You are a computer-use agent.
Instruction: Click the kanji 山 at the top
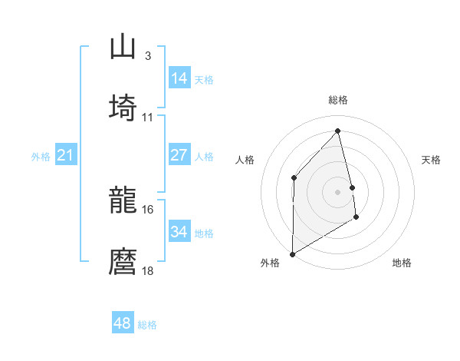click(x=123, y=48)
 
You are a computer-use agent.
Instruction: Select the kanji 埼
click(x=123, y=107)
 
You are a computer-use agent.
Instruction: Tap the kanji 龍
click(x=123, y=201)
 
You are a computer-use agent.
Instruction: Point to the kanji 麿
click(x=123, y=260)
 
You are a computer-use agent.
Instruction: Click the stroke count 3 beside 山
click(x=147, y=55)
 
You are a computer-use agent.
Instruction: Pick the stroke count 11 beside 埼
click(x=148, y=117)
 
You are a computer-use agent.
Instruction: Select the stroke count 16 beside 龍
click(x=148, y=209)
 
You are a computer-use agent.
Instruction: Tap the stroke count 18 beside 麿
click(x=148, y=270)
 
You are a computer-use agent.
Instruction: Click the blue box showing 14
click(x=179, y=78)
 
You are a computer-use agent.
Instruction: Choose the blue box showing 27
click(x=179, y=155)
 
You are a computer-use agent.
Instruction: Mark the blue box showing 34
click(x=179, y=231)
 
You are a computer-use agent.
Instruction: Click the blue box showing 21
click(x=65, y=156)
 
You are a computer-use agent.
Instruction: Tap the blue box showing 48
click(x=122, y=323)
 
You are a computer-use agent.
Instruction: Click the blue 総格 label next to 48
click(x=147, y=325)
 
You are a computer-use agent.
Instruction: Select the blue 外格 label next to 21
click(x=41, y=157)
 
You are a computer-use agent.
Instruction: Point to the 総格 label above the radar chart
click(x=338, y=100)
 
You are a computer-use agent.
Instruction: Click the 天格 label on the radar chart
click(x=432, y=160)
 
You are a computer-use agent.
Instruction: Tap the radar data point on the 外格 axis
click(x=292, y=253)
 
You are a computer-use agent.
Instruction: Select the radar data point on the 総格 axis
click(x=338, y=131)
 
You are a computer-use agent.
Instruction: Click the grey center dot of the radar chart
click(x=338, y=190)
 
